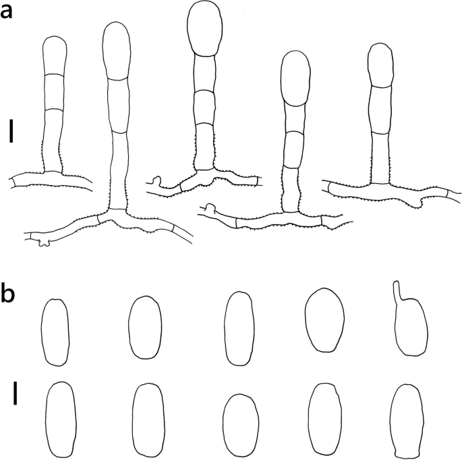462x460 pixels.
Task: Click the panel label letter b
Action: click(9, 295)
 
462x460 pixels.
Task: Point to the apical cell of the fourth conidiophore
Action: click(295, 78)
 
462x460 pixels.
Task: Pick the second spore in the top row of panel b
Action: click(144, 327)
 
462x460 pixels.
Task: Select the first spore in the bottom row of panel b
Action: click(60, 419)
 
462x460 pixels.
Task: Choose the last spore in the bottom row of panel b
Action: click(407, 419)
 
